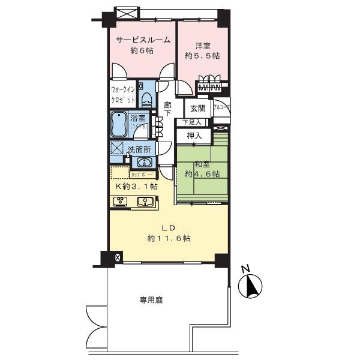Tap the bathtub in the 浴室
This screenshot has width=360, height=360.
[x=119, y=126]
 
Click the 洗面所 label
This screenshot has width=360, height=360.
[x=138, y=149]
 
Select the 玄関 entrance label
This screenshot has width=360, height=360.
[x=198, y=109]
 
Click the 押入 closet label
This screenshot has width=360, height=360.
[x=194, y=137]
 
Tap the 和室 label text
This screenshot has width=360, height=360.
[x=201, y=164]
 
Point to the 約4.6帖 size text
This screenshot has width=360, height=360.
[x=202, y=174]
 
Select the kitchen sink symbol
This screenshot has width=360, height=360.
[x=144, y=202]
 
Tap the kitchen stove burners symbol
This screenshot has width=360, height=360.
[x=120, y=202]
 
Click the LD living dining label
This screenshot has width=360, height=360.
[x=169, y=227]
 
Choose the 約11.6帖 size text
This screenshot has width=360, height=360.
[x=169, y=238]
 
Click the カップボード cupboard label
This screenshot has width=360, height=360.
[x=142, y=175]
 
